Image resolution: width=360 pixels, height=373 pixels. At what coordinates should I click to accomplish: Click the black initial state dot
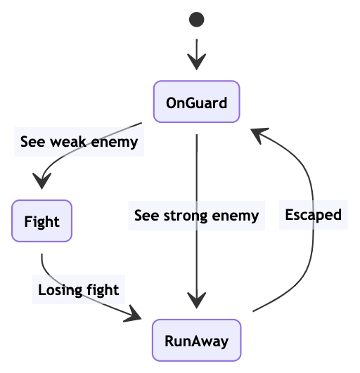point(196,20)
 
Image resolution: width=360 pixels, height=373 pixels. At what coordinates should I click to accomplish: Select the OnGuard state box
point(196,102)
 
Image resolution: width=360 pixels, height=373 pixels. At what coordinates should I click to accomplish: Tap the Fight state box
point(41,221)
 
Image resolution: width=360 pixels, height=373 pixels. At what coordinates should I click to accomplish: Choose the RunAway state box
point(196,340)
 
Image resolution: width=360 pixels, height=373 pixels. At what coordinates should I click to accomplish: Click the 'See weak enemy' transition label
point(79,142)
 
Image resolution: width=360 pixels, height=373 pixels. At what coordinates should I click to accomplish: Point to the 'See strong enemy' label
point(196,216)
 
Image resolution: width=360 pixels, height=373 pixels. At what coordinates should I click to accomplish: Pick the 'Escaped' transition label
point(314,215)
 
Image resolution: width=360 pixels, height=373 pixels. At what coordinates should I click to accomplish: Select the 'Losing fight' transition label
point(79,289)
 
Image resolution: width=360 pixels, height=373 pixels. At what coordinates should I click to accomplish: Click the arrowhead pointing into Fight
point(42,181)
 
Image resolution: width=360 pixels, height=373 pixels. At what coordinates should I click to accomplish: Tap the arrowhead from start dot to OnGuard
point(196,62)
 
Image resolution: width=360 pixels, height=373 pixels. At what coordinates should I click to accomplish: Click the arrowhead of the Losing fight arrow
point(134,315)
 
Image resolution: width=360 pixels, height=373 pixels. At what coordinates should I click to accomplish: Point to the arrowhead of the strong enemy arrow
point(197,301)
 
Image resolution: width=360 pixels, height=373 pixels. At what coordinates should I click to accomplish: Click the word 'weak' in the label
point(68,142)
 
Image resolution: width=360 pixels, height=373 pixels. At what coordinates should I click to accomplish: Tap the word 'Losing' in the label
point(60,290)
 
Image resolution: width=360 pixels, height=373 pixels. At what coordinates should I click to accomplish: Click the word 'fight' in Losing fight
point(103,289)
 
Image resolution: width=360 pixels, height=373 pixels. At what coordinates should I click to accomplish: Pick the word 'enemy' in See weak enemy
point(115,143)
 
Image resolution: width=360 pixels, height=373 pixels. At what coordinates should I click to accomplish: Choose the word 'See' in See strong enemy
point(147,215)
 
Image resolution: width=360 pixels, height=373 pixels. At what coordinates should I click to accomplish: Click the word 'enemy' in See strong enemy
point(236,216)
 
